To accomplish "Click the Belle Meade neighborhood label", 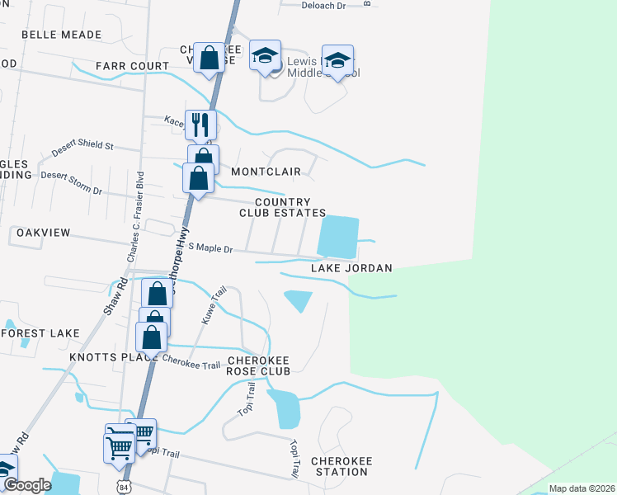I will [61, 35].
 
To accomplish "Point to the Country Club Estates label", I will [282, 207].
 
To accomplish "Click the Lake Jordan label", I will [351, 268].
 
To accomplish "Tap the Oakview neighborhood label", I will [44, 233].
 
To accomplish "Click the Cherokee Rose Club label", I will [259, 366].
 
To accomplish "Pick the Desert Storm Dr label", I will [71, 182].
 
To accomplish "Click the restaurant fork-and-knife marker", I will [200, 125].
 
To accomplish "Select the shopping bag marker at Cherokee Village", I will [210, 58].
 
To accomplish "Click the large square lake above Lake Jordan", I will [338, 236].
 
